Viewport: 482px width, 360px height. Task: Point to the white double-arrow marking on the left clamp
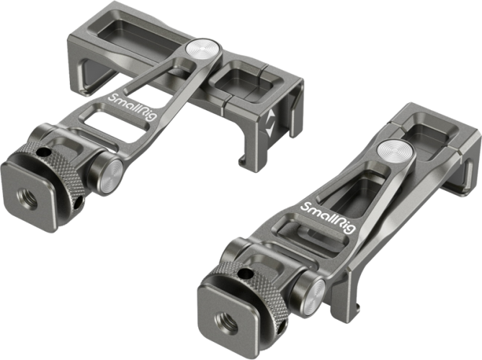(270, 123)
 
